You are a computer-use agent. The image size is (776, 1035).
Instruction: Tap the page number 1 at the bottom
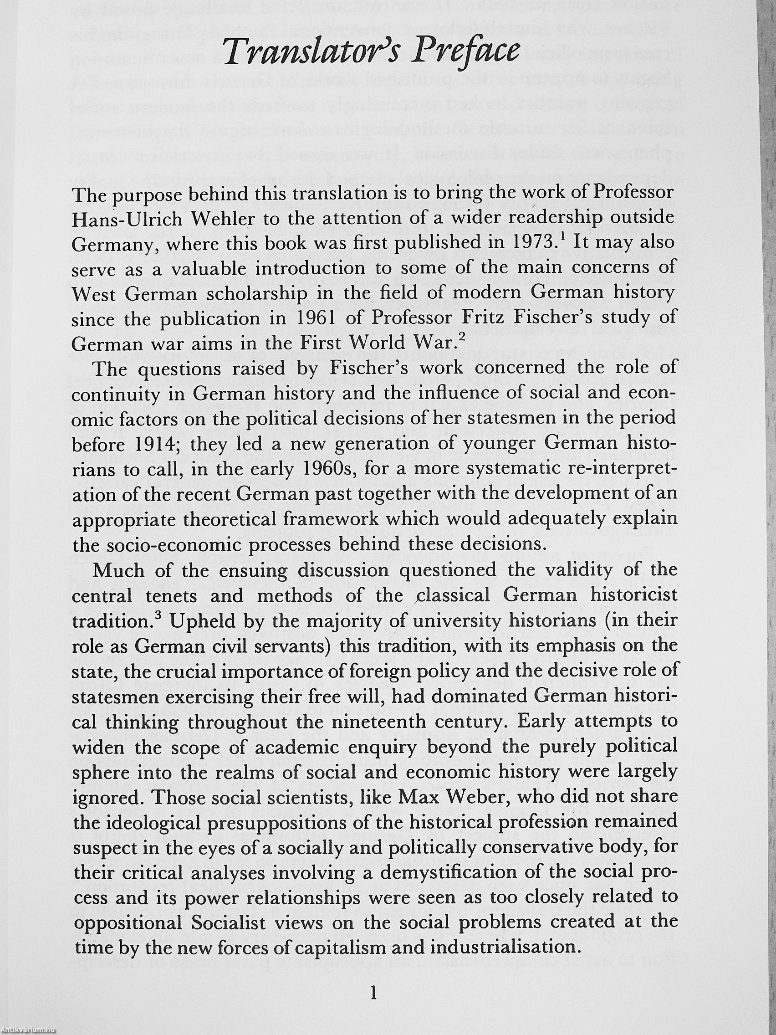373,1004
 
